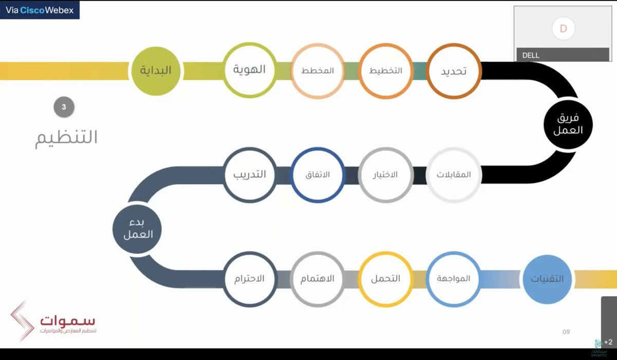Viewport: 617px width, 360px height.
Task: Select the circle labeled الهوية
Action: tap(250, 70)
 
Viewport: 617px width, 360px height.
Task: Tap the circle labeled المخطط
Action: tap(317, 70)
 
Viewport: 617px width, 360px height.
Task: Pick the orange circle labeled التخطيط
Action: tap(386, 70)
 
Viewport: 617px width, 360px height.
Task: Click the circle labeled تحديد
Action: tap(453, 70)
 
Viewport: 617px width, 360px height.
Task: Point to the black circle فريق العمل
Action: tap(568, 124)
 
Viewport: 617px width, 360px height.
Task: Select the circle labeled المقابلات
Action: tap(453, 174)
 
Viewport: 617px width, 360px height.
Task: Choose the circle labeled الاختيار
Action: tap(386, 174)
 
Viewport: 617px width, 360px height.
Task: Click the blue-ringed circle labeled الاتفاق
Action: tap(317, 174)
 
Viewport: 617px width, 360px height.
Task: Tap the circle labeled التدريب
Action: tap(250, 174)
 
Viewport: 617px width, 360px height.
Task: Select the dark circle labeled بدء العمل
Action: tap(137, 228)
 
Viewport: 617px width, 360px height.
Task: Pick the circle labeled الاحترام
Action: tap(250, 279)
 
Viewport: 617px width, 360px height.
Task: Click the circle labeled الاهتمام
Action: tap(317, 279)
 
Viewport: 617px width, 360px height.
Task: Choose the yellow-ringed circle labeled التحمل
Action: tap(386, 279)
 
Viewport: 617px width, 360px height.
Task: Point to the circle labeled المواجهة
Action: tap(453, 279)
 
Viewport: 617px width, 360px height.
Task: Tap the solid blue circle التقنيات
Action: tap(547, 279)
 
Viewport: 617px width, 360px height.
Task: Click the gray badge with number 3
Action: tap(64, 107)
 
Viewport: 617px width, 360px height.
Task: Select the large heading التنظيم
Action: tap(66, 137)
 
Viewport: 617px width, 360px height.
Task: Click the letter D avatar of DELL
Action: tap(563, 29)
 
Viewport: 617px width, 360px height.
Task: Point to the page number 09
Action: tap(566, 332)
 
